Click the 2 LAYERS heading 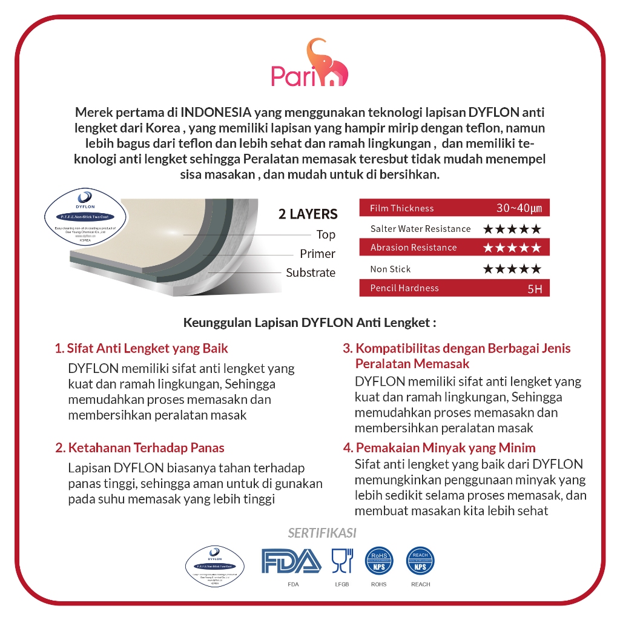[x=308, y=214]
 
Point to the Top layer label [x=326, y=235]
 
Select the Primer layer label [x=317, y=254]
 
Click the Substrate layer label [x=311, y=272]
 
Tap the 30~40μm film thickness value [x=523, y=208]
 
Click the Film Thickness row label [x=402, y=208]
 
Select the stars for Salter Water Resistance [x=512, y=229]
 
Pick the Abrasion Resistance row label [x=414, y=248]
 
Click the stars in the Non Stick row [x=512, y=269]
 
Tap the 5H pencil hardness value [x=535, y=289]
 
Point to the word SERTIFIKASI [x=322, y=533]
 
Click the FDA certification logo [x=291, y=561]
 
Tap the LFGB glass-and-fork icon [x=341, y=561]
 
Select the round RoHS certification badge [x=379, y=561]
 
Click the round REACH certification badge [x=420, y=561]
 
